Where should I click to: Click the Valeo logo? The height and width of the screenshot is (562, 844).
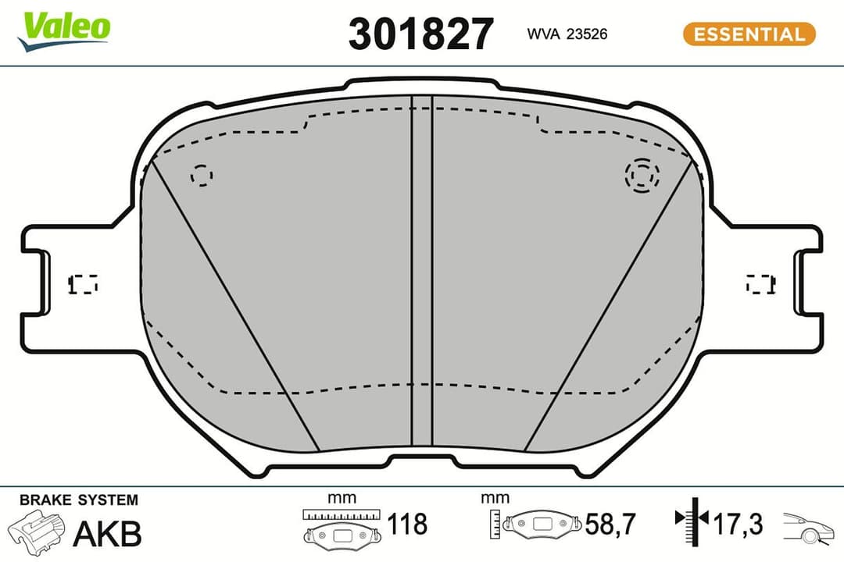pos(66,30)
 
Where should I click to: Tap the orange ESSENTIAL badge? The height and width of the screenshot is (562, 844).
pos(749,34)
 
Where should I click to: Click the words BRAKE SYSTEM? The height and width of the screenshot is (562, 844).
pos(78,500)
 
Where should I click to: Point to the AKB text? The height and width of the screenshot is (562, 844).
pos(107,534)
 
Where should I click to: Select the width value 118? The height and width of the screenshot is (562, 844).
pos(409,524)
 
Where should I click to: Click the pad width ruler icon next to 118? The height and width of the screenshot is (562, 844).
pos(342,527)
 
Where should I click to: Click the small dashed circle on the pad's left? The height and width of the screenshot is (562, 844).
pos(202,176)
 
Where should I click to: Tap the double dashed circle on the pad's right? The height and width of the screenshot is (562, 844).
pos(642,175)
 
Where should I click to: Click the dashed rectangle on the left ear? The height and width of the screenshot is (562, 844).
pos(84,284)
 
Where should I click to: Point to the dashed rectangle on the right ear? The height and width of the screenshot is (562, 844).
pos(761,284)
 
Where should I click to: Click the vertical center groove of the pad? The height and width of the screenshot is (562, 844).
pos(421,273)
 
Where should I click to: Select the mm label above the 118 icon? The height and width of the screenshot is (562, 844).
pos(342,498)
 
